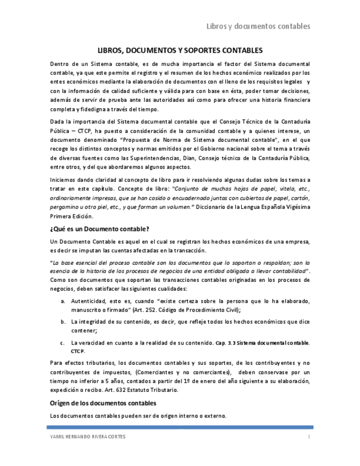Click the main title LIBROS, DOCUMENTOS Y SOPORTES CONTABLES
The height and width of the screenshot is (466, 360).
point(180,49)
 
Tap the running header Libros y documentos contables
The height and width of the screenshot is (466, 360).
point(258,26)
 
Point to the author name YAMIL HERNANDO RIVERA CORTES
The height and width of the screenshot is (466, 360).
point(87,437)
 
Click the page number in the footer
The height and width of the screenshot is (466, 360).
point(309,437)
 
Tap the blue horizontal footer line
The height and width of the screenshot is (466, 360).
point(180,427)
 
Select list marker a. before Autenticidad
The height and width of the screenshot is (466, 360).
point(63,302)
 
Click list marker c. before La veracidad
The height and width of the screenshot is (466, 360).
point(63,342)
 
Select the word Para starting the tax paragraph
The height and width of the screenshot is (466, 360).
point(56,363)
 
